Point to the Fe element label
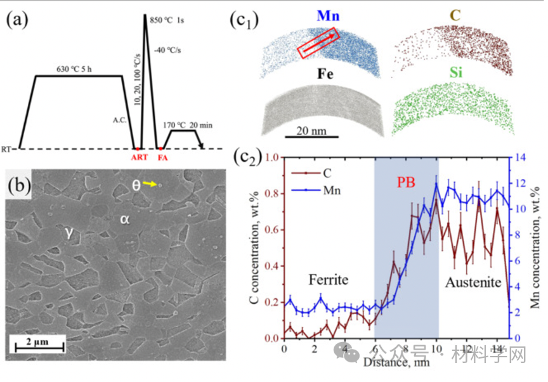click(322, 75)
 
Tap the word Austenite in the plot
click(471, 280)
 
